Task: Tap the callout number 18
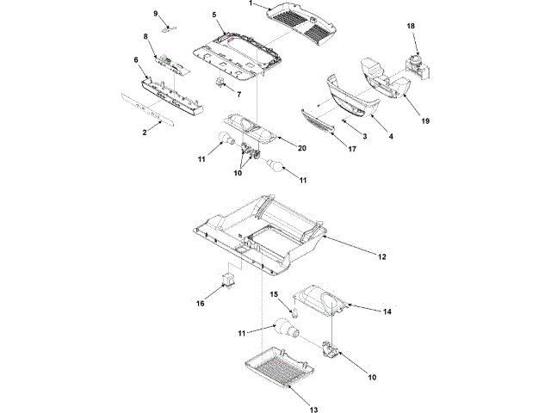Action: point(411,27)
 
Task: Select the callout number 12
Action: point(381,257)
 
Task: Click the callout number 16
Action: point(200,303)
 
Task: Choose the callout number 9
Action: point(156,14)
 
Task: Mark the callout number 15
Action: point(276,295)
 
